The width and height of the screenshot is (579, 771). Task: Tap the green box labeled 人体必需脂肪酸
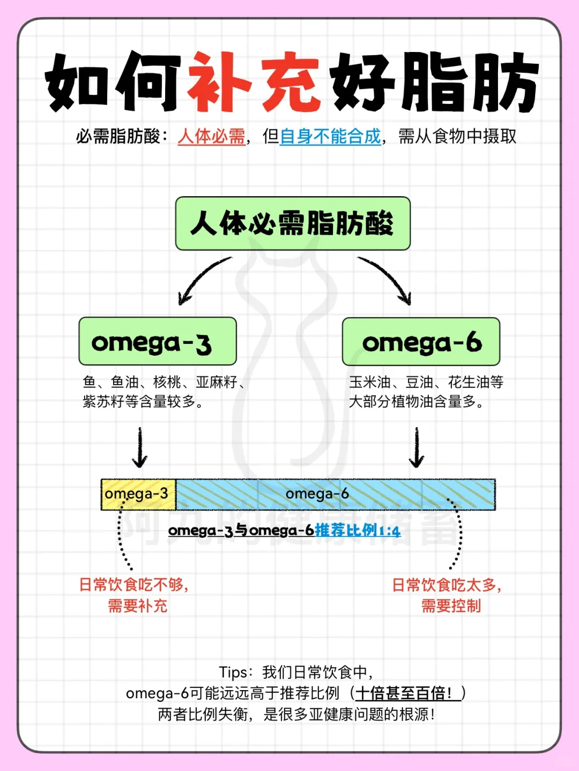pyautogui.click(x=293, y=223)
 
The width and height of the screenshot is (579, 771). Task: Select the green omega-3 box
pyautogui.click(x=158, y=342)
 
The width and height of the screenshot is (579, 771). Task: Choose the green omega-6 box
pyautogui.click(x=421, y=342)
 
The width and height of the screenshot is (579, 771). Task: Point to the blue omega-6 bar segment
pyautogui.click(x=335, y=494)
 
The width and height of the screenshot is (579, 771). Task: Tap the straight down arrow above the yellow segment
pyautogui.click(x=140, y=447)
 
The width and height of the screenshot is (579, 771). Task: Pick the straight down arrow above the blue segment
pyautogui.click(x=417, y=447)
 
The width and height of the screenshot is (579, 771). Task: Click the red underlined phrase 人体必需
pyautogui.click(x=211, y=137)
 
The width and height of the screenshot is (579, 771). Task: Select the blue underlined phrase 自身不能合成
pyautogui.click(x=330, y=137)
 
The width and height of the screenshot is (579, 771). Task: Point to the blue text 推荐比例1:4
pyautogui.click(x=358, y=530)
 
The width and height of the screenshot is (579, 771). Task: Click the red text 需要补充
pyautogui.click(x=138, y=606)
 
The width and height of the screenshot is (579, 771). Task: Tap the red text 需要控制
pyautogui.click(x=451, y=606)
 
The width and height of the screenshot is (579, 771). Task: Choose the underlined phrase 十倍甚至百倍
pyautogui.click(x=403, y=693)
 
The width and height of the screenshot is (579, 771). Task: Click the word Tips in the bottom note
pyautogui.click(x=233, y=672)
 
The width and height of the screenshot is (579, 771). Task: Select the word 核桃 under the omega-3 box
pyautogui.click(x=167, y=382)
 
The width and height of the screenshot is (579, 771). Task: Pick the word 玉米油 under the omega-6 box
pyautogui.click(x=370, y=382)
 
